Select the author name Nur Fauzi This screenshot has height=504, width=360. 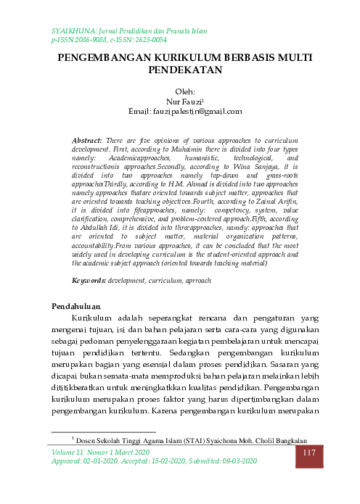coord(179,102)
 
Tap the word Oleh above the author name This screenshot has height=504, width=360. coord(179,92)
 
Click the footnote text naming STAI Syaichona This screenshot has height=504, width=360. coord(196,440)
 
